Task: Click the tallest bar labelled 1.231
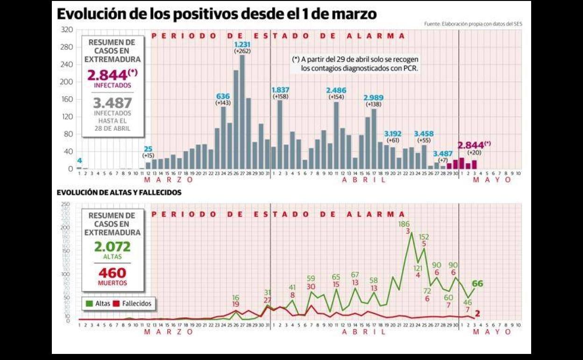click(242, 112)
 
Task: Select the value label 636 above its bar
click(223, 96)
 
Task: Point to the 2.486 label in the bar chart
click(336, 90)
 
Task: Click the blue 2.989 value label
click(374, 97)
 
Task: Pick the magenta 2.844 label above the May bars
click(474, 145)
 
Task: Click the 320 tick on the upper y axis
click(67, 29)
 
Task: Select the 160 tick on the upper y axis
click(67, 99)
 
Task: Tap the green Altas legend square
click(89, 303)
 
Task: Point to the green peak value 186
click(404, 224)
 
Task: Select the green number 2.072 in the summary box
click(112, 247)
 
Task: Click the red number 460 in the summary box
click(112, 273)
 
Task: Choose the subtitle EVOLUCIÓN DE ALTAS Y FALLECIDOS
click(119, 192)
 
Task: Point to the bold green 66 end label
click(477, 284)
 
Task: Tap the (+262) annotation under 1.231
click(242, 50)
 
